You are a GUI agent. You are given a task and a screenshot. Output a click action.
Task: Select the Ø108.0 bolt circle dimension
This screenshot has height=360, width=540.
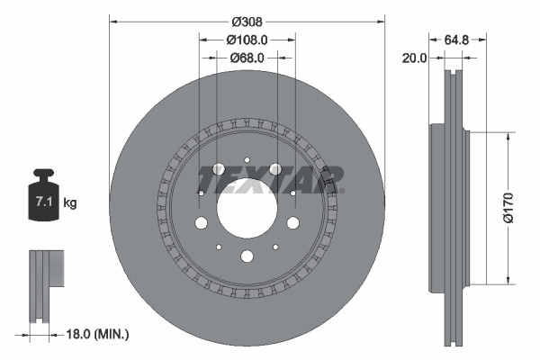247,40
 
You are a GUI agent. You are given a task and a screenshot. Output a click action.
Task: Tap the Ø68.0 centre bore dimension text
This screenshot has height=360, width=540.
247,58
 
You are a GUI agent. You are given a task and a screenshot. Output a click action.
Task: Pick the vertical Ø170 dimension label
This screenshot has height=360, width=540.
509,205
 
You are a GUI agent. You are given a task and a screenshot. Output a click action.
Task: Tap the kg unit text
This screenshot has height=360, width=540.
70,203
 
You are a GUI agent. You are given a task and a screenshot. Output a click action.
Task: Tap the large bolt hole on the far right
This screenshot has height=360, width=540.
292,223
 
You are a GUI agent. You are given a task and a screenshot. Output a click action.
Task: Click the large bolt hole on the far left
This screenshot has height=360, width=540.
200,223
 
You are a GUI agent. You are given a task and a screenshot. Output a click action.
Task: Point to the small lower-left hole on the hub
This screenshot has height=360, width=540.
218,248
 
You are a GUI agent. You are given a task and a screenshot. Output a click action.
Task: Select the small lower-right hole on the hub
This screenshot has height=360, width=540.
275,248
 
